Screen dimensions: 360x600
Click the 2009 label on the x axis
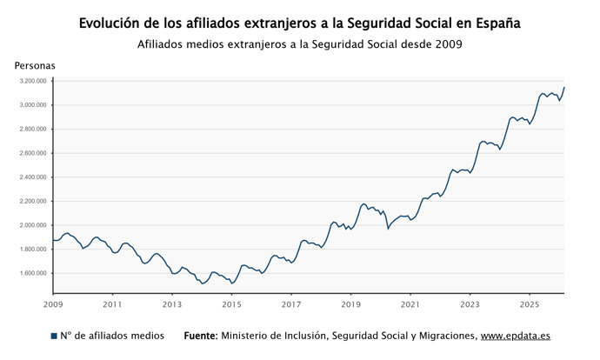[x=53, y=305]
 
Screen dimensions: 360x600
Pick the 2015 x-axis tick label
[x=231, y=305]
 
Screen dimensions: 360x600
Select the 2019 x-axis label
[x=350, y=305]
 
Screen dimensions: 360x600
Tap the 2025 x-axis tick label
[x=529, y=305]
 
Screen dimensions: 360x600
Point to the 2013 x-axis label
[x=172, y=305]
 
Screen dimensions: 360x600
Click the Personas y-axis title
[x=35, y=65]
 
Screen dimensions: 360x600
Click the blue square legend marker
[x=54, y=336]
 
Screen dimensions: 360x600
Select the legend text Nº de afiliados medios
[x=114, y=336]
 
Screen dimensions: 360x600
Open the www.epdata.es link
[x=516, y=336]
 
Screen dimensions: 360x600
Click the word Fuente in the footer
[x=200, y=336]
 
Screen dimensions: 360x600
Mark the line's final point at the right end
[x=564, y=87]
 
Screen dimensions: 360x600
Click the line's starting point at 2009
[x=53, y=240]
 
